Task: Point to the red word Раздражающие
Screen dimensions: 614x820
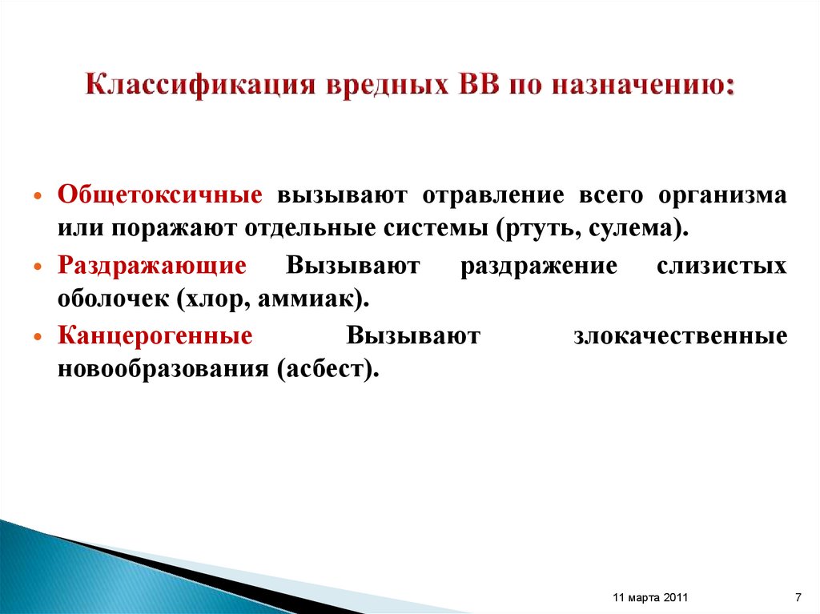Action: [151, 267]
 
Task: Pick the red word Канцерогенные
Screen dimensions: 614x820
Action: [155, 336]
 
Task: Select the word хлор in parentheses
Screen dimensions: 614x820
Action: [211, 298]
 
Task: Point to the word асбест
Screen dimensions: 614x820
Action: [324, 367]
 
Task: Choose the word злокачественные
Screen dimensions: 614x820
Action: [680, 336]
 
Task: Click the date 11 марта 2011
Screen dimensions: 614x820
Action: [649, 598]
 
